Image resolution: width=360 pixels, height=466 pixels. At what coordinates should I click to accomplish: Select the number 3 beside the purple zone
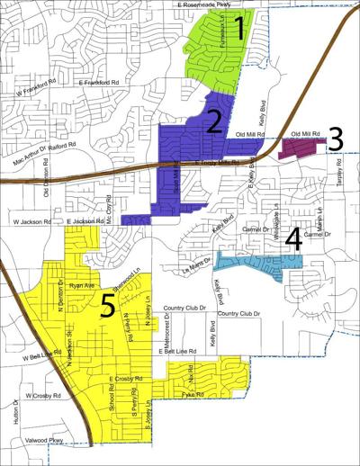tap(335, 138)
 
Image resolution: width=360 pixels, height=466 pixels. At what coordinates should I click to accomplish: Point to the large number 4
tap(292, 239)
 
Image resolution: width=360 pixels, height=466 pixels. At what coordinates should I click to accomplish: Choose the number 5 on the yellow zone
tap(107, 309)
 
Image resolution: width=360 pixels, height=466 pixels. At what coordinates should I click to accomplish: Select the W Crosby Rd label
tap(44, 395)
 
